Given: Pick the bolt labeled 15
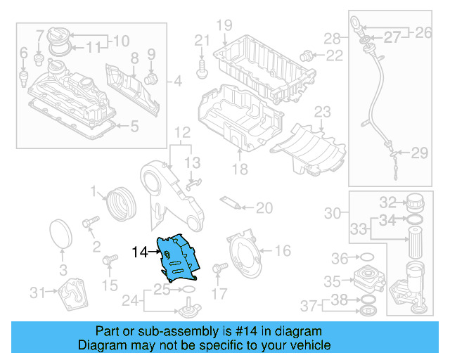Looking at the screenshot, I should click(x=109, y=262).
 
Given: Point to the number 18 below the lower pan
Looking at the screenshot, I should click(x=240, y=169).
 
